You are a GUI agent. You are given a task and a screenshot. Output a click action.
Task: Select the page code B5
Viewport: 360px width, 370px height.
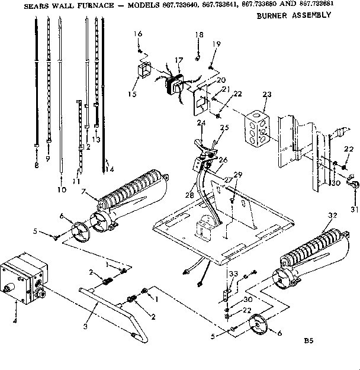click(308, 341)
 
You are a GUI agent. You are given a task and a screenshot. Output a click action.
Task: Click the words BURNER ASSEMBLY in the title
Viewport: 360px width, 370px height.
click(294, 15)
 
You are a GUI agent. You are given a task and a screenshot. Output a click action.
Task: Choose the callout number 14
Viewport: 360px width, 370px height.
click(108, 170)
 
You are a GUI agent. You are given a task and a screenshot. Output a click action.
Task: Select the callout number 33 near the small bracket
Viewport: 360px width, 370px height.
click(233, 274)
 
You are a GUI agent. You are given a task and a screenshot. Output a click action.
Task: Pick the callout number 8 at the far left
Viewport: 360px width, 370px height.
click(36, 166)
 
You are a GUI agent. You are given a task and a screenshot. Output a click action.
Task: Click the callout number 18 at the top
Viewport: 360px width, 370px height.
click(199, 35)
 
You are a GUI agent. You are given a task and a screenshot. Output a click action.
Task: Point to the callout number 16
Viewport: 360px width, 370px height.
click(139, 34)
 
